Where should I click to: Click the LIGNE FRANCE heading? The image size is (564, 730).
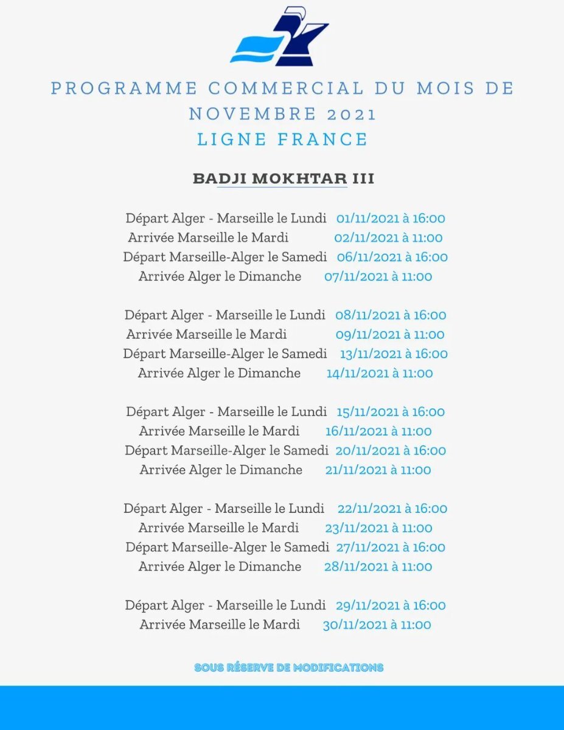coord(282,139)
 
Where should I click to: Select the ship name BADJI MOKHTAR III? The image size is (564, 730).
coord(283,179)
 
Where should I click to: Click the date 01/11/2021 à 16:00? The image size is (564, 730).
coord(391,218)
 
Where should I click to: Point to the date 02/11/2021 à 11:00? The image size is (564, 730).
coord(388,238)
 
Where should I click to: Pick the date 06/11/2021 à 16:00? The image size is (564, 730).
coord(392,257)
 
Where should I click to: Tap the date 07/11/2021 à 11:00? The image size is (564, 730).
coord(378,277)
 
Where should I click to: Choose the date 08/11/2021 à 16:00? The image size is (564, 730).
coord(391,315)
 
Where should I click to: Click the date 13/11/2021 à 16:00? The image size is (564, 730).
coord(394,354)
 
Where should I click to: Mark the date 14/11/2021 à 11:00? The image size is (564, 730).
coord(380,374)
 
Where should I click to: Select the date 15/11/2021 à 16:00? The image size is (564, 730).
coord(391,412)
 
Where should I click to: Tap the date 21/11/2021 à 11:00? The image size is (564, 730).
coord(378,470)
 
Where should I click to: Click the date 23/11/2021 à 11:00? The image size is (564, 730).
coord(378,528)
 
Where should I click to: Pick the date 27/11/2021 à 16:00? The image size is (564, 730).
coord(391,547)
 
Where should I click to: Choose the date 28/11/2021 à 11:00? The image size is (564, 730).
coord(378,567)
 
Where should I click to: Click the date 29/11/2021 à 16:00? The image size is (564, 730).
coord(391,605)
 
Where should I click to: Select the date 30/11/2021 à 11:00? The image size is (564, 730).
coord(377,625)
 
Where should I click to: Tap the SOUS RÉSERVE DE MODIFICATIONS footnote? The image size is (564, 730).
coord(289,667)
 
